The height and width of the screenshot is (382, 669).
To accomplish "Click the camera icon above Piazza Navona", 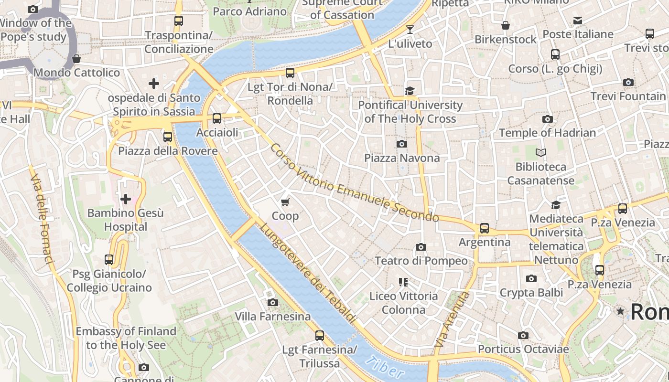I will tap(402, 144).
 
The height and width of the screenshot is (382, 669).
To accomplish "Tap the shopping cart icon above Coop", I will tap(285, 202).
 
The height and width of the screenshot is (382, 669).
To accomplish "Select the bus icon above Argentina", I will tap(485, 228).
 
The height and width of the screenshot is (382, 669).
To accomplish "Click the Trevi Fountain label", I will tap(628, 96).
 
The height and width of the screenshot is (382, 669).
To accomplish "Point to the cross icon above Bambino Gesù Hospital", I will tap(126, 199).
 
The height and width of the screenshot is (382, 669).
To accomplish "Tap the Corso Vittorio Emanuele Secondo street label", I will tap(354, 183).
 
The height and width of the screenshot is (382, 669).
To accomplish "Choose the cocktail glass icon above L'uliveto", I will tap(410, 30).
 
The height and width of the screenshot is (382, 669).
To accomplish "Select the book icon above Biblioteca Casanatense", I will tap(541, 153).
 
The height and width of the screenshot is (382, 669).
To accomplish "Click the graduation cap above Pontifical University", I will tap(410, 91).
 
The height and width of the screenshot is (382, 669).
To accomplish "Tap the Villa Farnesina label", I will tap(272, 316).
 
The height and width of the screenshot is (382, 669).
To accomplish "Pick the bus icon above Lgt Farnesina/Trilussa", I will tap(320, 336).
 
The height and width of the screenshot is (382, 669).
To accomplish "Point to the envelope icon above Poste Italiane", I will tap(578, 20).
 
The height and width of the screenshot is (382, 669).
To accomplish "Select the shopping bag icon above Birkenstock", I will tap(506, 25).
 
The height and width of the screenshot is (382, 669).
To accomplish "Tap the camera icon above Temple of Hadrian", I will tap(548, 119).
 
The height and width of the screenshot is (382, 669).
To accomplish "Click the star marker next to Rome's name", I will tap(620, 311).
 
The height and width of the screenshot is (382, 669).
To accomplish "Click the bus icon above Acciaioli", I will tap(217, 118).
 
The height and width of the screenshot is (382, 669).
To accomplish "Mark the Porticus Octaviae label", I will tap(523, 349).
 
